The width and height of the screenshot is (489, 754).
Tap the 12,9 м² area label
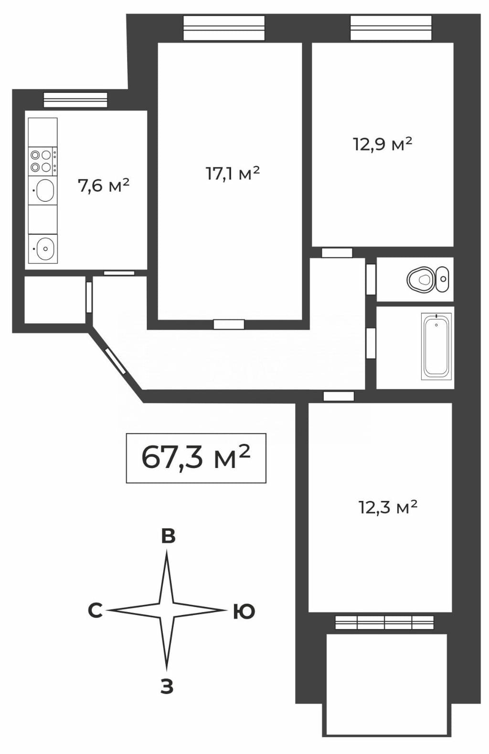click(x=383, y=144)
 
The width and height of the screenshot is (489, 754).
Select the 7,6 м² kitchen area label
click(x=104, y=186)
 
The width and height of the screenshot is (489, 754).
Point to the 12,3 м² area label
click(x=388, y=507)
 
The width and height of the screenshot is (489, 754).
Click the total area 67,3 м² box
click(x=196, y=458)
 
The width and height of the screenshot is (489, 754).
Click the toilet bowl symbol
click(x=419, y=279)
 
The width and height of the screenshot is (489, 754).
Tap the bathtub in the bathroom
click(x=436, y=346)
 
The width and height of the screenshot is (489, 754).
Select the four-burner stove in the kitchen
click(x=43, y=162)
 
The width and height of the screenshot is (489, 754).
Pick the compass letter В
click(x=169, y=536)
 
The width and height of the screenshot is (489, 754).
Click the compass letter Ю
click(x=244, y=611)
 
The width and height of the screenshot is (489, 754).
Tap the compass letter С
click(x=96, y=611)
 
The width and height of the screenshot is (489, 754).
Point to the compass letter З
click(x=167, y=686)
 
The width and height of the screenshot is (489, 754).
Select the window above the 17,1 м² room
click(x=224, y=28)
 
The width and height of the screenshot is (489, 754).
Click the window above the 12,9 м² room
click(x=391, y=28)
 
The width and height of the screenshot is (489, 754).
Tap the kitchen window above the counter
click(x=75, y=100)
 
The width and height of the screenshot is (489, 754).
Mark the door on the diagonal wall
click(x=115, y=361)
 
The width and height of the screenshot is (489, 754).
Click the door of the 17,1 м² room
click(x=229, y=325)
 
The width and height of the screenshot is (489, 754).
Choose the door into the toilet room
click(x=371, y=279)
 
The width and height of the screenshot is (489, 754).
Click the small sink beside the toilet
click(x=442, y=279)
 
